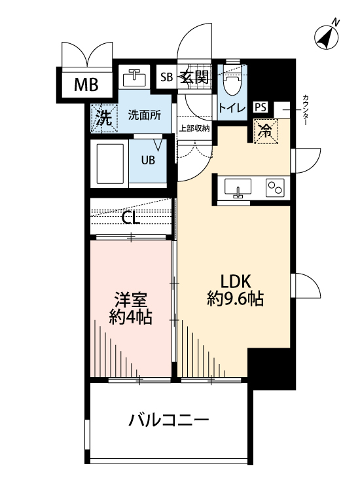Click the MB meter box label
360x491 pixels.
[x=86, y=84]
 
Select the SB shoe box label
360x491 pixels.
[x=166, y=77]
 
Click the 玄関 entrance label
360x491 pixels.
[x=194, y=77]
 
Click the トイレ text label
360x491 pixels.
[x=232, y=108]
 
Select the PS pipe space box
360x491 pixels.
[x=261, y=107]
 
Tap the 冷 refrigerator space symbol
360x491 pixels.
[x=266, y=132]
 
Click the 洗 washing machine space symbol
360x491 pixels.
[x=103, y=118]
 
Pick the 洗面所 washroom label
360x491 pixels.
[x=144, y=115]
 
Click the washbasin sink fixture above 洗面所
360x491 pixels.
[x=135, y=78]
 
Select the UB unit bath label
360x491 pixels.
[x=148, y=160]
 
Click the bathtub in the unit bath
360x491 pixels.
[x=110, y=164]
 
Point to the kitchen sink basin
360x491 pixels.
[x=238, y=187]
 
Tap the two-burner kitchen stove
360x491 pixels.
[x=275, y=188]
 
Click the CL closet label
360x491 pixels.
[x=130, y=218]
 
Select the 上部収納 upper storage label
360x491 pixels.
[x=194, y=128]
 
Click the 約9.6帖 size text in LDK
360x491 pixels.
[x=236, y=299]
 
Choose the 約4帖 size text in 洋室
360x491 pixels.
[x=130, y=318]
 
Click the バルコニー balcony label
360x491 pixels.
[x=168, y=420]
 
